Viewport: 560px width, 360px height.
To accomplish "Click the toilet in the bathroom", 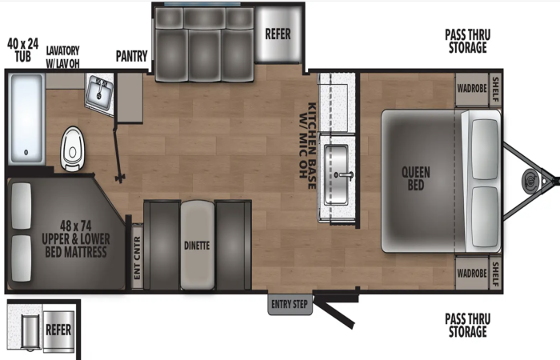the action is tap(72, 148).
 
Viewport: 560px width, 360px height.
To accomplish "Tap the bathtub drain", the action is tap(26, 153).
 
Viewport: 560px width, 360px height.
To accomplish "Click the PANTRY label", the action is tap(131, 56).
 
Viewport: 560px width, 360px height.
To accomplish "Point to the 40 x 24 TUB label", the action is tap(23, 50).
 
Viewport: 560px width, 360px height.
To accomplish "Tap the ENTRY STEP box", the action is tap(290, 304).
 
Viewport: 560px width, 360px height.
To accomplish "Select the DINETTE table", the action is tap(197, 246).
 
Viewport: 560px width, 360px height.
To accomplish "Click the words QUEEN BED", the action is tap(416, 178).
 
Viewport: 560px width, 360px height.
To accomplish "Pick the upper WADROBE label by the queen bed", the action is tap(472, 88).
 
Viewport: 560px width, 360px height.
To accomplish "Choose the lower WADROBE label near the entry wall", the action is tap(472, 274).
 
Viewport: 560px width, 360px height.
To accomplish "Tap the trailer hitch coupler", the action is tap(530, 181).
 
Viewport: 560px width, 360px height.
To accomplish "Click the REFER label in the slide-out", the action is tap(278, 34).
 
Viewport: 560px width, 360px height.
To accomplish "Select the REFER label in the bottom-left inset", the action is tap(58, 330).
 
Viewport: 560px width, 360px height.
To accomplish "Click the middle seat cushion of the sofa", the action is tap(204, 55).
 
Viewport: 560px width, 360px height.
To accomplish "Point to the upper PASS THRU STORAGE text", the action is tap(467, 41).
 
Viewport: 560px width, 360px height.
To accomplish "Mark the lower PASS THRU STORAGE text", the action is tap(467, 326).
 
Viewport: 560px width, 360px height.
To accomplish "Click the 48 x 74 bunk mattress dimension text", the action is tap(76, 226).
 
